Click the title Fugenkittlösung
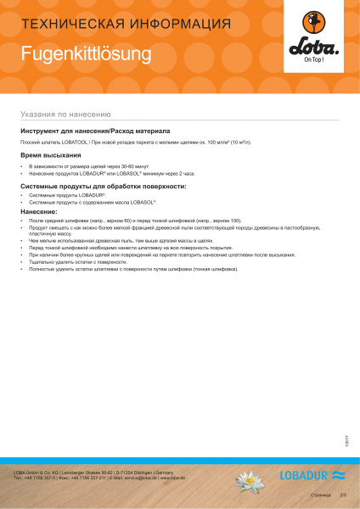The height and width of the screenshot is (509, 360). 86,54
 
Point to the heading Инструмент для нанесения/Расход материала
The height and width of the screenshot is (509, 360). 95,131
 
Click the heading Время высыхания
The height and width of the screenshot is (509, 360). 53,156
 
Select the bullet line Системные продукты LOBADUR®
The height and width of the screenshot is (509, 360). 73,195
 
